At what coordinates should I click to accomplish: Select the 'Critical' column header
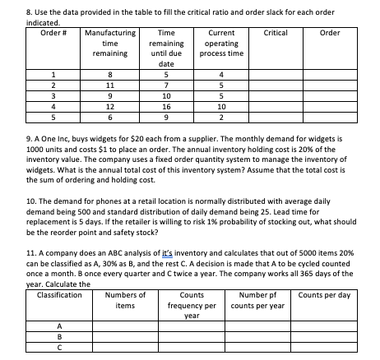(x=271, y=32)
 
